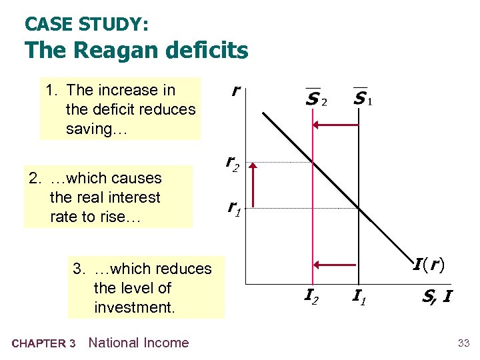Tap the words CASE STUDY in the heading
87,25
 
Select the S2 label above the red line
315,99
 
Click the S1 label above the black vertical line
362,99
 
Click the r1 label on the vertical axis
233,208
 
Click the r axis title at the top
235,91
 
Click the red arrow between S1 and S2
336,124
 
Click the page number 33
463,343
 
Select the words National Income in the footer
139,343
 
